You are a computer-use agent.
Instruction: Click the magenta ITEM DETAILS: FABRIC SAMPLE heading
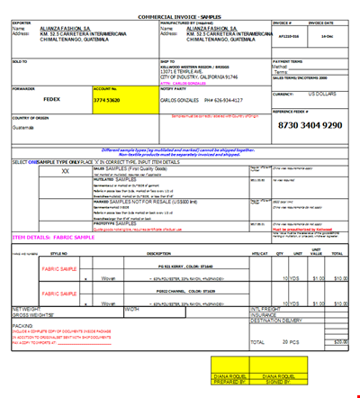tap(53, 237)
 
